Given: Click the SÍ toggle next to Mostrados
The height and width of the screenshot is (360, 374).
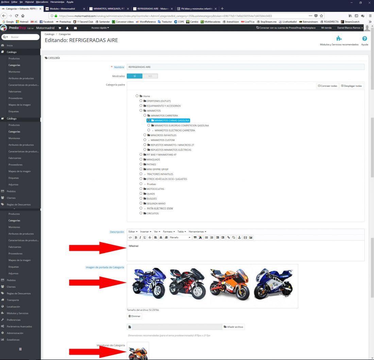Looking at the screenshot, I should pos(135,76).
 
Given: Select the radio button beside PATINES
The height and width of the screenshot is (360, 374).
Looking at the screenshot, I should pos(141,164).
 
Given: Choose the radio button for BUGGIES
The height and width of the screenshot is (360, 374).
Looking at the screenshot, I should pos(141,198).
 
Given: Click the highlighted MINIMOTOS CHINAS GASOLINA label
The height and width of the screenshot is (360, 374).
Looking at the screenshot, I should pos(170,121).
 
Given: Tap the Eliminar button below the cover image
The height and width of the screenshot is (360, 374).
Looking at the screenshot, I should pos(134,316).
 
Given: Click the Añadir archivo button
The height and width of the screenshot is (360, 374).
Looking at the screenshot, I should pos(233,327).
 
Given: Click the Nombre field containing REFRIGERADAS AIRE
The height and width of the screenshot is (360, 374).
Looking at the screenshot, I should pos(245,67).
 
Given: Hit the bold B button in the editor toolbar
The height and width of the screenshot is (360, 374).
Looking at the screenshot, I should pos(136,237).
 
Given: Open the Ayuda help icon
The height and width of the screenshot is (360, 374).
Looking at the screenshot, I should pos(364,39).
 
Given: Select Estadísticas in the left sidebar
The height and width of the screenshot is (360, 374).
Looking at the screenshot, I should pos(13,340).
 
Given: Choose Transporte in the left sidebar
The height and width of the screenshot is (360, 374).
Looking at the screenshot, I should pos(13,300).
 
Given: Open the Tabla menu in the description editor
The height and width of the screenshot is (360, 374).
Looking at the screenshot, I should pos(182,232).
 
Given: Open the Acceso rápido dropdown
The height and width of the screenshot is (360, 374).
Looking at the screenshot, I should pos(100,28).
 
